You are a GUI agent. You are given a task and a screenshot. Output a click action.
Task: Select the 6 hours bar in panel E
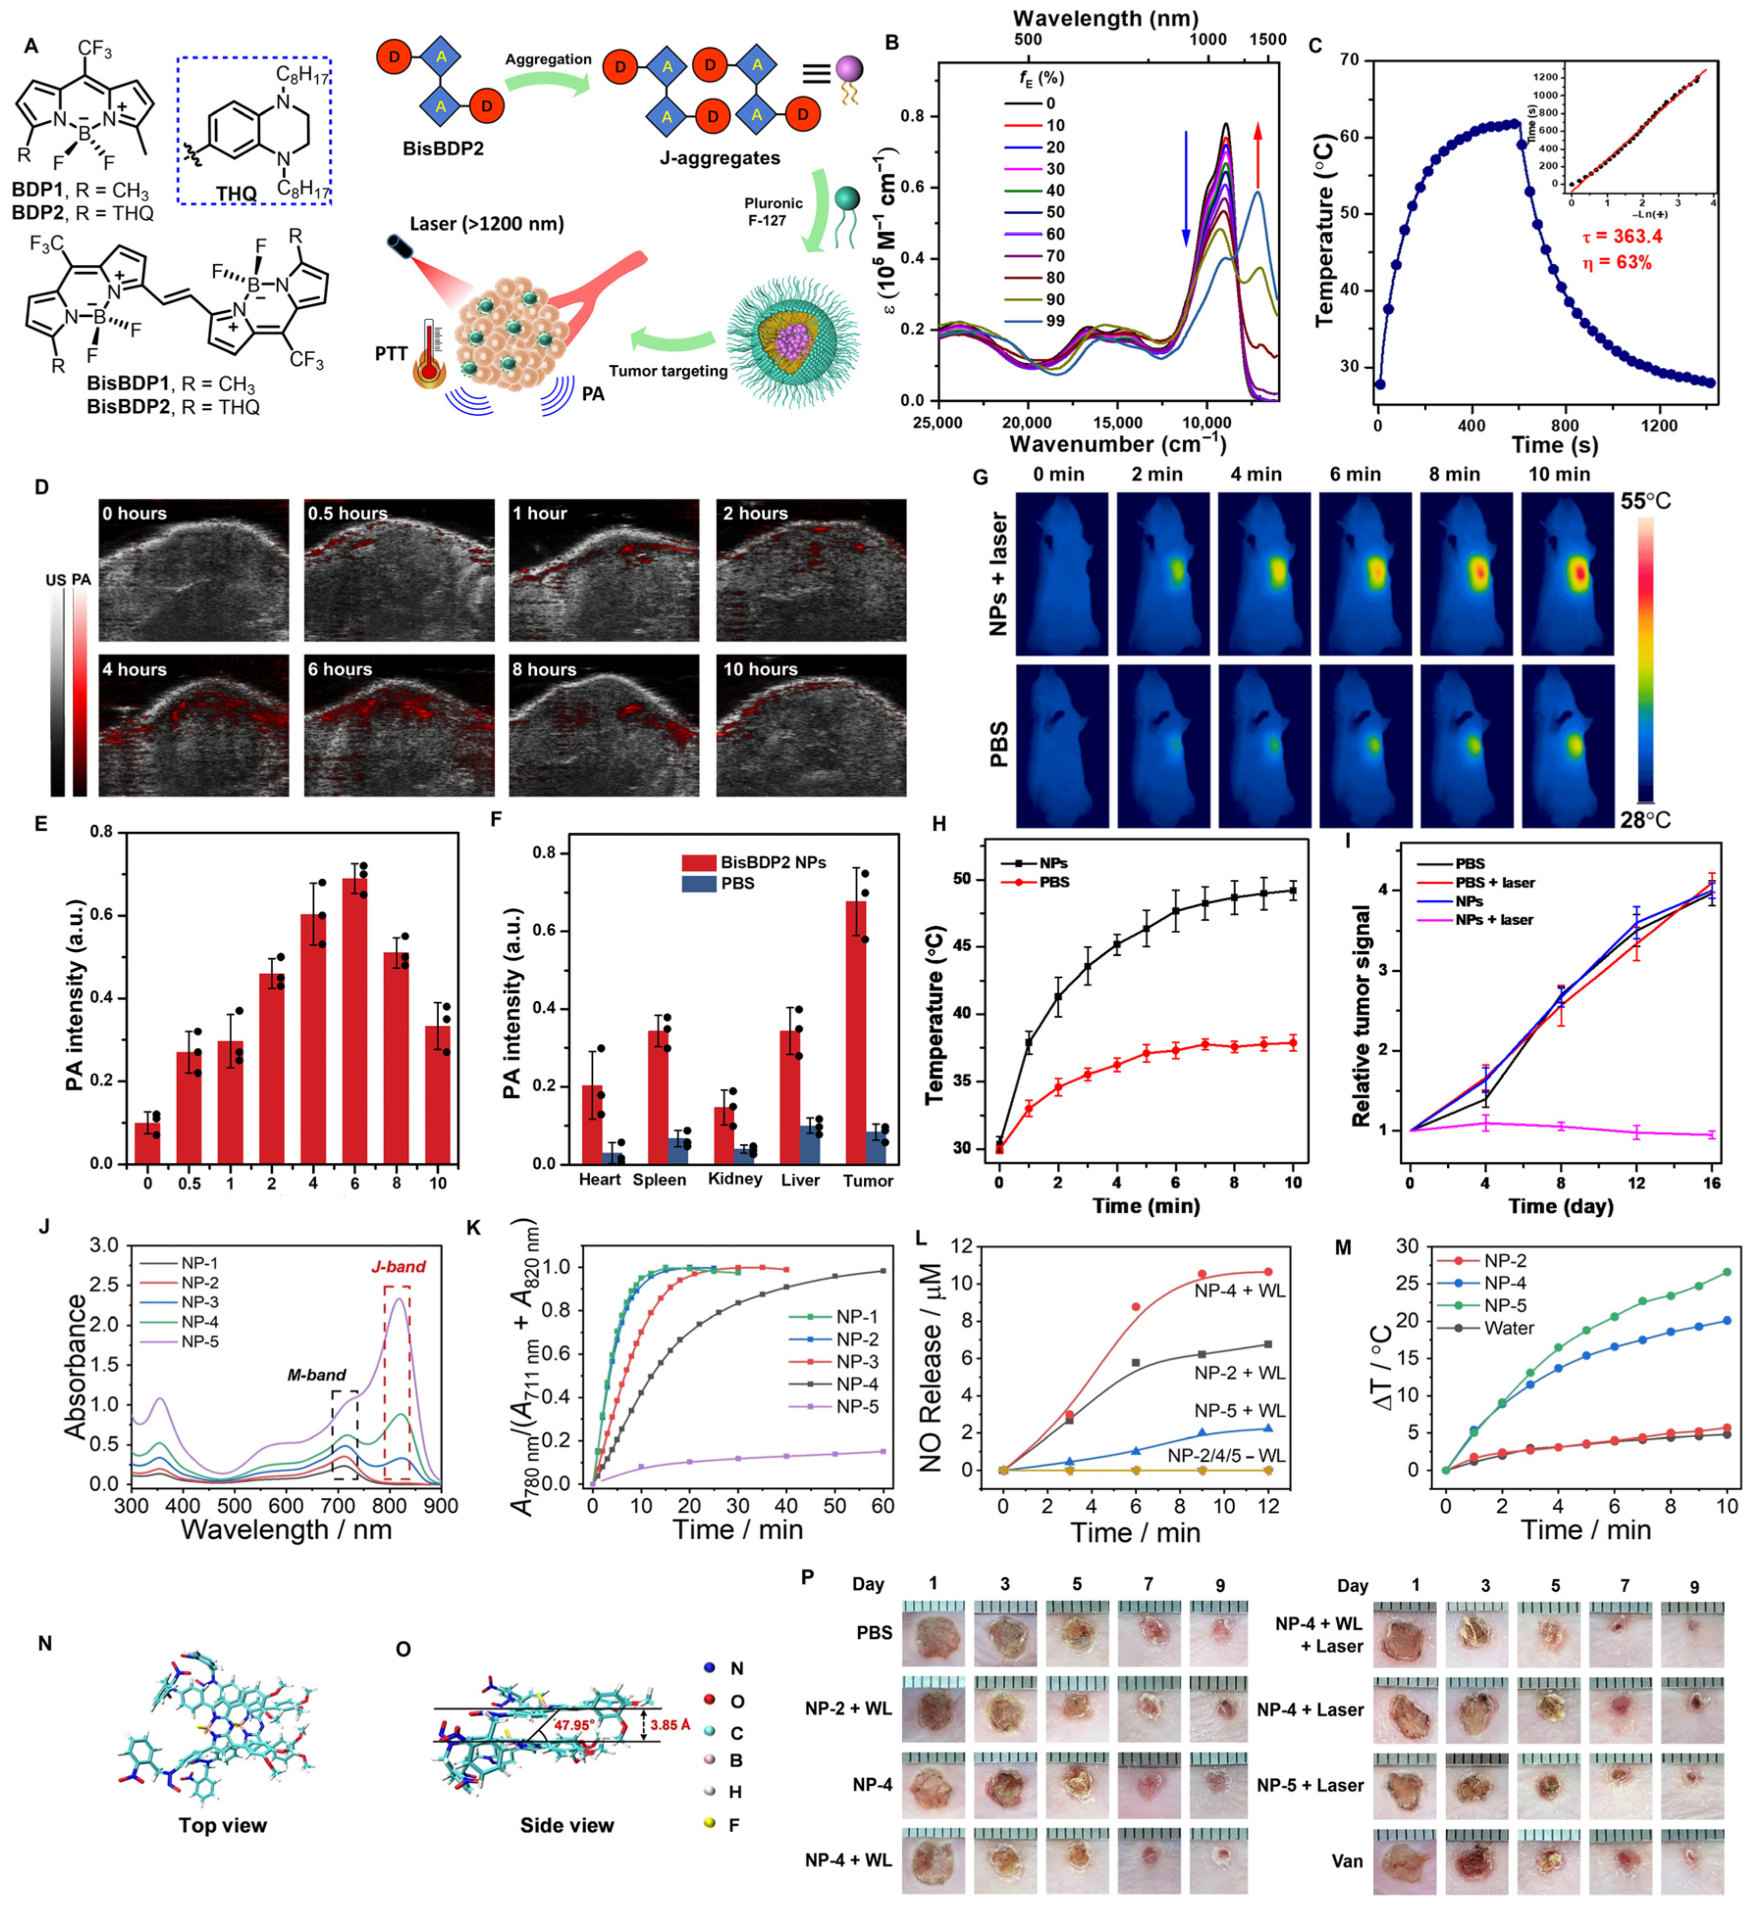click(x=355, y=1019)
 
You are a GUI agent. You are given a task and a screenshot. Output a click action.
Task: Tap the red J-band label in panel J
click(x=397, y=1266)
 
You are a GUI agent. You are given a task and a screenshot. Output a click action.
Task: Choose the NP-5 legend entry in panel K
click(x=857, y=1407)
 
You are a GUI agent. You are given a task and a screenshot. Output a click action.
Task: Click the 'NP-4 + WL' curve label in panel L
click(x=1239, y=1291)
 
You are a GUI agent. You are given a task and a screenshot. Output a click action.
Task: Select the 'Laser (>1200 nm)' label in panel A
click(x=486, y=224)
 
